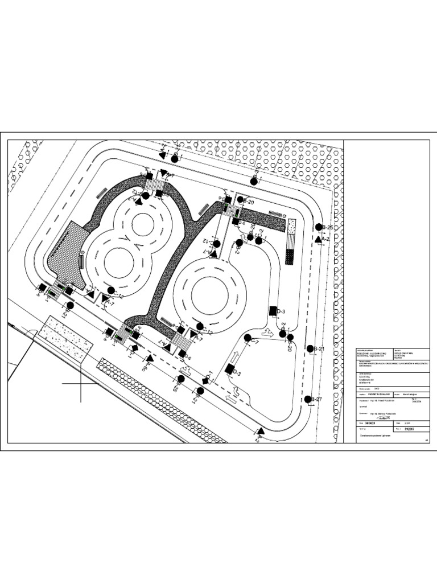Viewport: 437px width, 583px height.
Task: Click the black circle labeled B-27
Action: [308, 400]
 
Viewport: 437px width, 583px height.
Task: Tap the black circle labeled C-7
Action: [248, 338]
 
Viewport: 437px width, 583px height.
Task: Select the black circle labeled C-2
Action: [259, 241]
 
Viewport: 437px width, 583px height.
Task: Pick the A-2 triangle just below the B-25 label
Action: [318, 239]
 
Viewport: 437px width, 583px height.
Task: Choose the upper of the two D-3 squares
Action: [272, 311]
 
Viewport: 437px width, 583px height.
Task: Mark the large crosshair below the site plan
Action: [81, 384]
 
